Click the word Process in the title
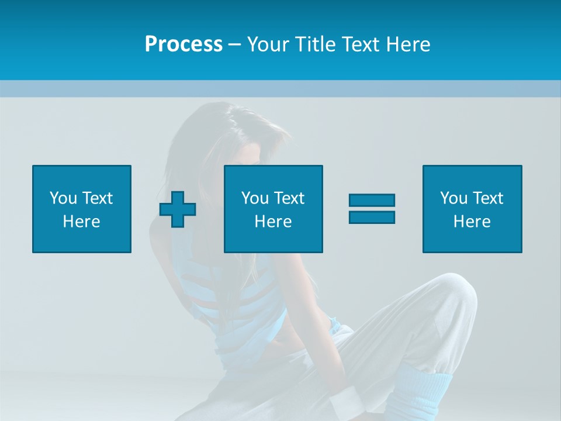183,44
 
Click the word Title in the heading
316,44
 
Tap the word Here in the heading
407,44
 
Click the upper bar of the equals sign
372,200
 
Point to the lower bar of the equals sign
372,217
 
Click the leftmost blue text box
82,209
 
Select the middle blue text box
273,209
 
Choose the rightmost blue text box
472,209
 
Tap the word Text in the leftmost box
97,198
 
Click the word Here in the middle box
273,222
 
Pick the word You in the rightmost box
453,198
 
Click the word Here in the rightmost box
472,222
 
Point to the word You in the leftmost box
63,198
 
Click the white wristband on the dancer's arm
348,403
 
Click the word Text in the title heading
359,44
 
